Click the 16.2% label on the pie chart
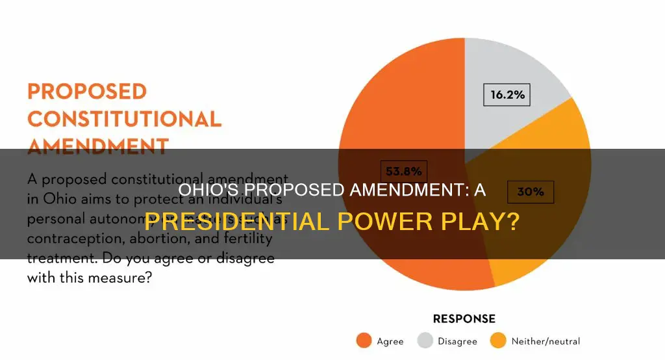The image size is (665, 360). (507, 95)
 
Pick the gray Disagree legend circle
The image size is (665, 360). (425, 341)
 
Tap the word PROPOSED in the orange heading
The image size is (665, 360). (88, 91)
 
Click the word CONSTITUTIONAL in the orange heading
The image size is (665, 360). (125, 119)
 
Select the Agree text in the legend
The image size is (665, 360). (390, 341)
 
